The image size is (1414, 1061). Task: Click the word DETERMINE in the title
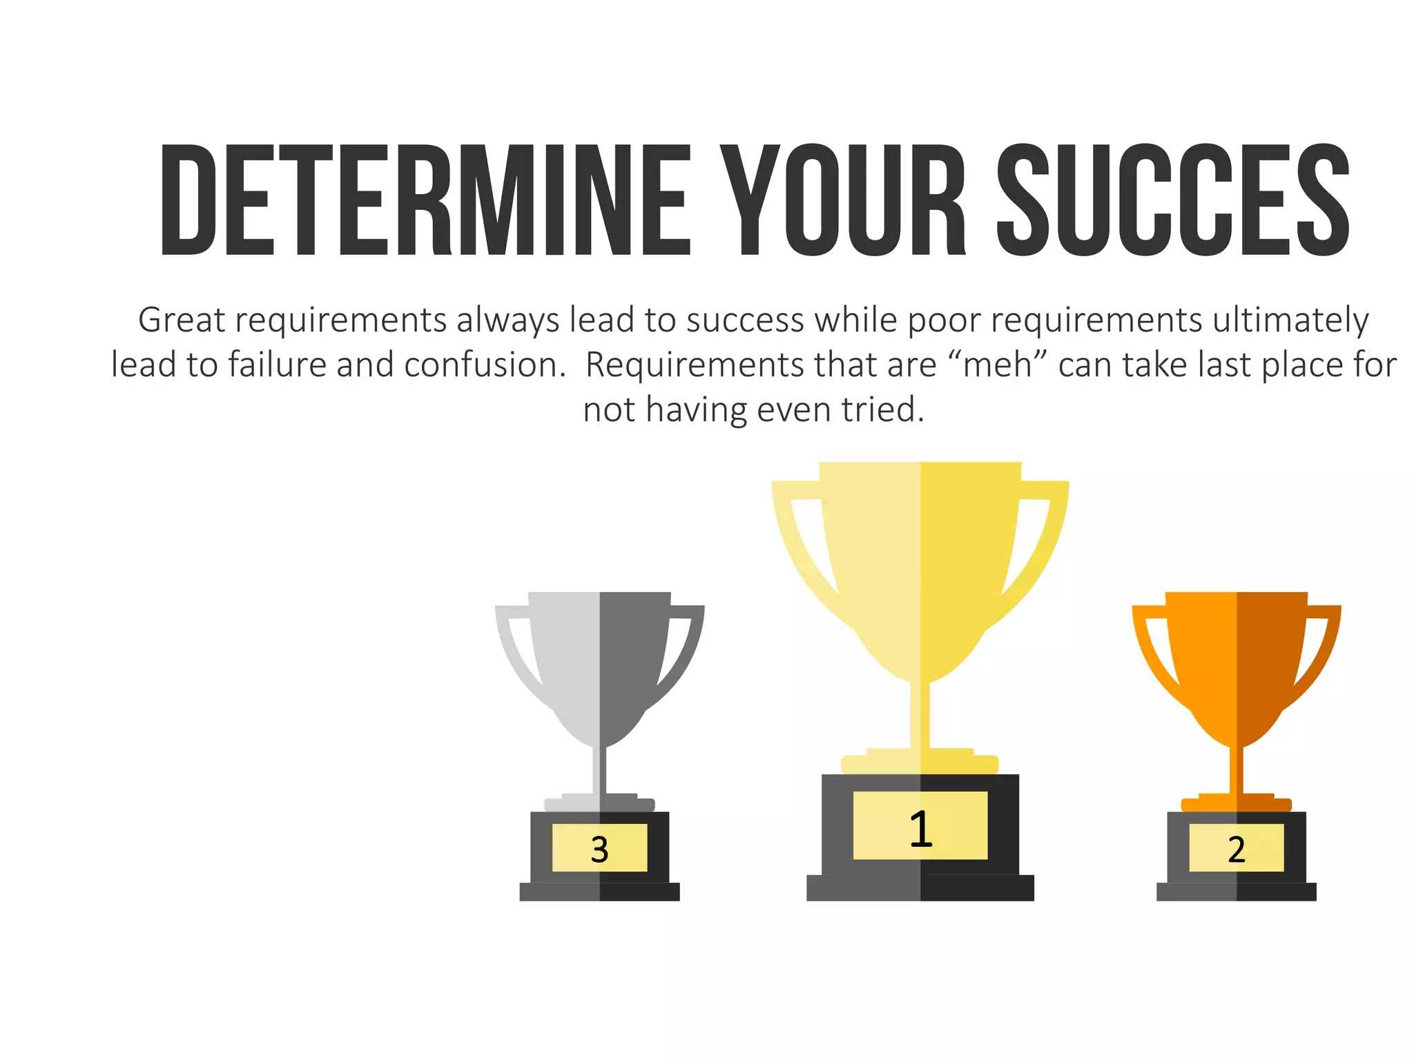pyautogui.click(x=425, y=200)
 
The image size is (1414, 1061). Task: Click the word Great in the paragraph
pyautogui.click(x=182, y=321)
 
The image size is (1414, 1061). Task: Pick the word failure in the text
pyautogui.click(x=277, y=365)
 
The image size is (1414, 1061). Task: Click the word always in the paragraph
pyautogui.click(x=508, y=321)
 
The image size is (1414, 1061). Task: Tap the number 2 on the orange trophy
pyautogui.click(x=1236, y=849)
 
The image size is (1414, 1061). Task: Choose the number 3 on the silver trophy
pyautogui.click(x=599, y=849)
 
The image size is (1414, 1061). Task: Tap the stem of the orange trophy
pyautogui.click(x=1236, y=770)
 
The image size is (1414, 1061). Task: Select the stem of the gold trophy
pyautogui.click(x=920, y=715)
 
